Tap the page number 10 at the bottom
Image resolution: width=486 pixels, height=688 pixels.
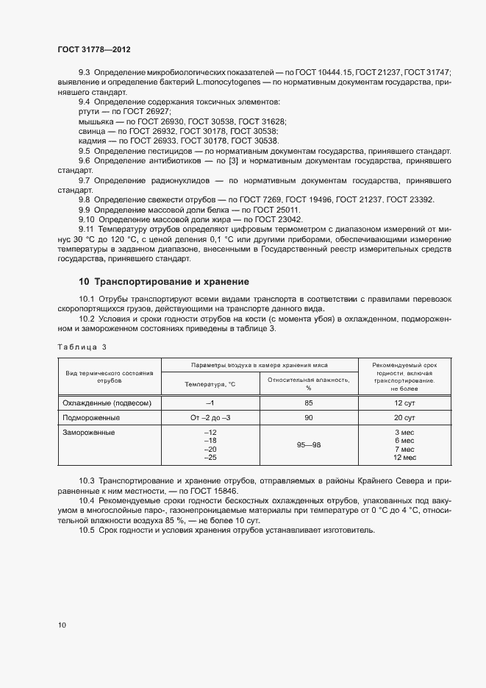(x=62, y=625)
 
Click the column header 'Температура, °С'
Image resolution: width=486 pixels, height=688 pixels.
(x=210, y=383)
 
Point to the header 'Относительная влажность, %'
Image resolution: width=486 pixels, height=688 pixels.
(x=309, y=383)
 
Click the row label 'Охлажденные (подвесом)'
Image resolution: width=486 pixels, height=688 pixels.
(x=108, y=403)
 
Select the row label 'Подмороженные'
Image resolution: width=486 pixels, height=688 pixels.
(x=91, y=417)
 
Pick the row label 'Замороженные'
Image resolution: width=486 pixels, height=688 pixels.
(x=89, y=432)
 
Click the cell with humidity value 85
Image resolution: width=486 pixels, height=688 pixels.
(x=309, y=403)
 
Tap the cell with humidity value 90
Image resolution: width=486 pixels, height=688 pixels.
(x=309, y=417)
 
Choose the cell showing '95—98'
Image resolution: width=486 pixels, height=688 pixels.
(x=309, y=445)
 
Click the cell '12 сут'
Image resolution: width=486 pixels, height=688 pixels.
(x=404, y=403)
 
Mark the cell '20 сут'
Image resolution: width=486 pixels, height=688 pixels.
(x=404, y=417)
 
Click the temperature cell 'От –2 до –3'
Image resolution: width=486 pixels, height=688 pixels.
(x=210, y=417)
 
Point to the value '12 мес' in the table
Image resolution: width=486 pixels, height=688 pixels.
(x=404, y=458)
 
